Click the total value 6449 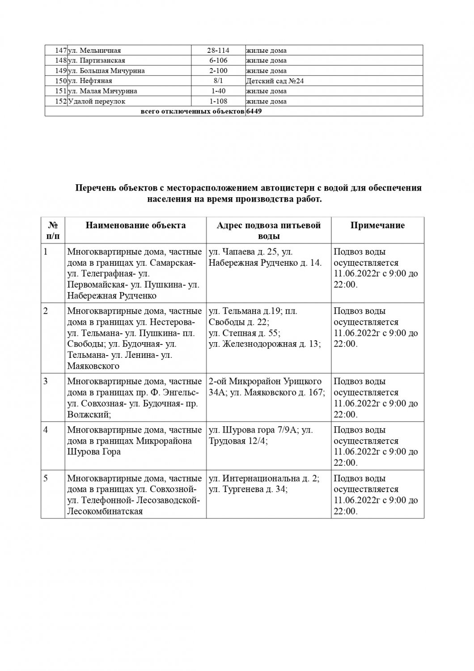(254, 111)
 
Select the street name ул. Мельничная (94, 51)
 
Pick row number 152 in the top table (60, 101)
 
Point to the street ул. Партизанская (96, 60)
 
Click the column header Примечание (377, 225)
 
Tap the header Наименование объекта (135, 225)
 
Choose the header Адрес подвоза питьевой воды (268, 230)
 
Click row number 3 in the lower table (46, 381)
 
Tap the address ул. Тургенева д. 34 (248, 489)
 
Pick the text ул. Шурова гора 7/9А (254, 430)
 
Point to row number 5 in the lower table (46, 478)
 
